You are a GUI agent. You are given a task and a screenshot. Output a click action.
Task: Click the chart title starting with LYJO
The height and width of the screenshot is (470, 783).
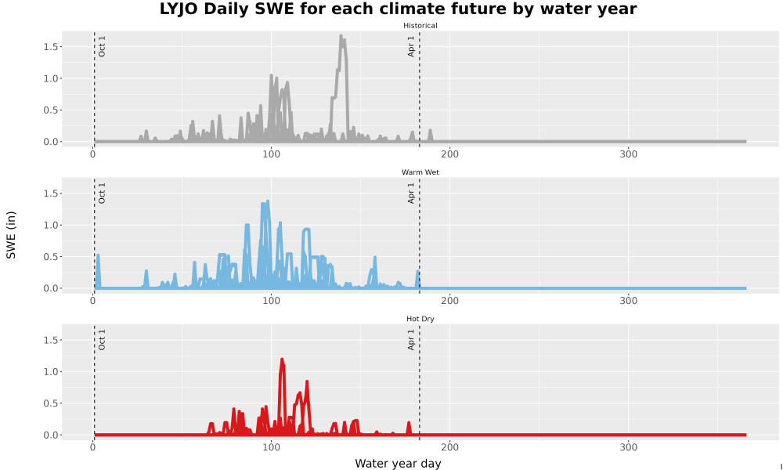point(398,9)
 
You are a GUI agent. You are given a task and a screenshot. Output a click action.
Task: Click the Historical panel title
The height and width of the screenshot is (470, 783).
point(420,26)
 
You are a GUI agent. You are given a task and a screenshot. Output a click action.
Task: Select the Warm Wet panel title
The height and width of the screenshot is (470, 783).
point(420,172)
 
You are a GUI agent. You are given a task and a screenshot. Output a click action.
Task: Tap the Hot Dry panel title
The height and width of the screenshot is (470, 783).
point(420,319)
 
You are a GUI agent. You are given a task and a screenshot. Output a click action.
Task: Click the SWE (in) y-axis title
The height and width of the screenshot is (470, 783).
point(11,235)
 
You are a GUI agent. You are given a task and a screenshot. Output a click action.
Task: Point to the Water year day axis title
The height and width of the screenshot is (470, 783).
point(398,464)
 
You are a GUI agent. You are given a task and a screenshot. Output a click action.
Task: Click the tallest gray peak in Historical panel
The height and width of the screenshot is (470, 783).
point(341,36)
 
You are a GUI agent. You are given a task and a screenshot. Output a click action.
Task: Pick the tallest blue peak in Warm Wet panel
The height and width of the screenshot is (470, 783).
point(267,202)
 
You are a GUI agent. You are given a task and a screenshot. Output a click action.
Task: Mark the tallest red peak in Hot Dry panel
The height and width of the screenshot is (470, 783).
point(282,359)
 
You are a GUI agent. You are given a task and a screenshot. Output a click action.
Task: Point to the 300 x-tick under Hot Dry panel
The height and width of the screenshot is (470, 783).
point(628,447)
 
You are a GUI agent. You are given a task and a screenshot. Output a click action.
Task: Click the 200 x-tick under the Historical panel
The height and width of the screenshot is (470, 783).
point(450,154)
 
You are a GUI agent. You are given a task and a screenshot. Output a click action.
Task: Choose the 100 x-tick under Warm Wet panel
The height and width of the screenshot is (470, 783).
point(271,301)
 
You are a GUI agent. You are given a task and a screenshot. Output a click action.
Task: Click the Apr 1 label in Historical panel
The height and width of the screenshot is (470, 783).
point(412,46)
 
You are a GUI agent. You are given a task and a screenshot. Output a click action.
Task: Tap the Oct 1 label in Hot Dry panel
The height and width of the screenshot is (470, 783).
point(102,340)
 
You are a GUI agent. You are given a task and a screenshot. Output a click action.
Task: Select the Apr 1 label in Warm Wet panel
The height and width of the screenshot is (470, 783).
point(412,193)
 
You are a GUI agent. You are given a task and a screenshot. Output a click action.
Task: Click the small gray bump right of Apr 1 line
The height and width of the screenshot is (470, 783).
point(430,134)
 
